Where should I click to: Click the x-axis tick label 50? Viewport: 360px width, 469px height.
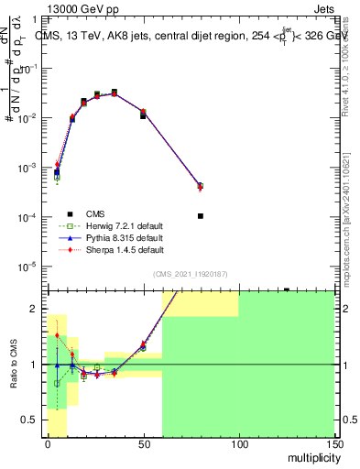(143, 444)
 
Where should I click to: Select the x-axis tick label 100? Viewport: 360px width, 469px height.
(238, 444)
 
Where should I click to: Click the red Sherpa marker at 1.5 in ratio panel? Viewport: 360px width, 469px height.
(57, 335)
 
